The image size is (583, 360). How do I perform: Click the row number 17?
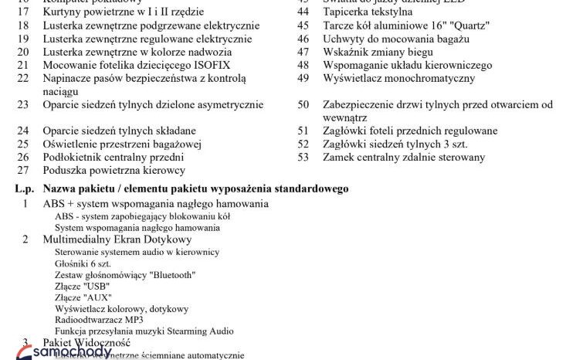tap(22, 12)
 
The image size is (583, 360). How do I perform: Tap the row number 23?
tap(22, 104)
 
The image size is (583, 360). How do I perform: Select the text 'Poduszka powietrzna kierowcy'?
tap(114, 170)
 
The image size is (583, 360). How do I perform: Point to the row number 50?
tap(303, 104)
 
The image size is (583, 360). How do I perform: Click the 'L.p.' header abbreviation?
tap(24, 188)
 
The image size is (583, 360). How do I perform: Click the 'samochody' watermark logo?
tap(62, 352)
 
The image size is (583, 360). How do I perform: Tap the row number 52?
tap(303, 144)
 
